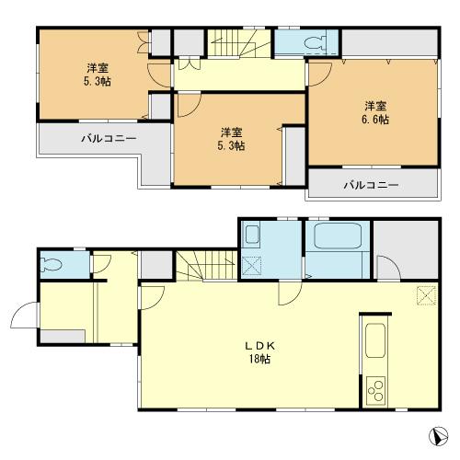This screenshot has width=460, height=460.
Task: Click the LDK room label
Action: tap(257, 345)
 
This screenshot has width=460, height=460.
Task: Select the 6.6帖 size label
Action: tap(375, 120)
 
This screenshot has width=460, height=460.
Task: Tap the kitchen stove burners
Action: tap(375, 390)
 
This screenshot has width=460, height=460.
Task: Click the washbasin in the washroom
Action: tap(253, 236)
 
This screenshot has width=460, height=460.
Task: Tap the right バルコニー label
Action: tap(372, 184)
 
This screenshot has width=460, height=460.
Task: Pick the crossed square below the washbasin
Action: tap(253, 266)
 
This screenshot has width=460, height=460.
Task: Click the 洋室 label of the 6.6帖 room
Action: tap(375, 105)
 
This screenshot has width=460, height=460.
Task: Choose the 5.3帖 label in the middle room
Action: tap(231, 145)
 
